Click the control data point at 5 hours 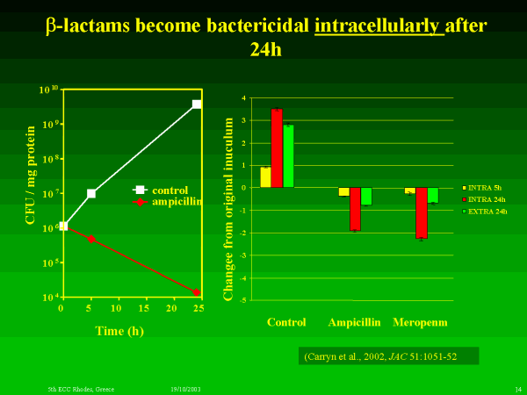(91, 193)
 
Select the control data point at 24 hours (197, 104)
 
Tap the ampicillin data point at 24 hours (197, 292)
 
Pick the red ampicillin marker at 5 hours (91, 239)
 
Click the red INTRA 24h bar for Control (277, 148)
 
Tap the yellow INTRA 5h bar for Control (265, 177)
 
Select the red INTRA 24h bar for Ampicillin (355, 209)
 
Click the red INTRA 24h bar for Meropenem (422, 212)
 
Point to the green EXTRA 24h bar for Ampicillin (366, 197)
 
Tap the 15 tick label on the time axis (143, 310)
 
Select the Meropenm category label (420, 322)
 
